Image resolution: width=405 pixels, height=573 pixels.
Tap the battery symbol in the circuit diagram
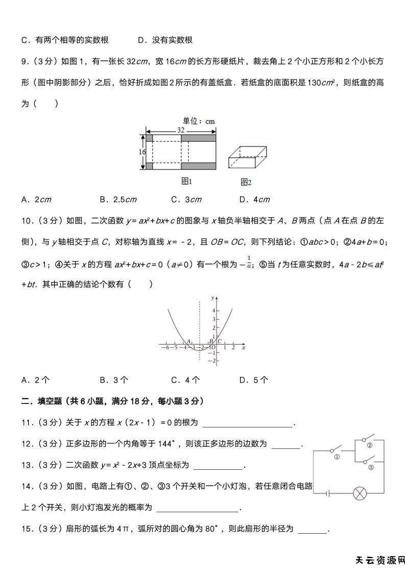pos(327,493)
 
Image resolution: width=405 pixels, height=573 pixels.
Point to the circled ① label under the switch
pos(337,457)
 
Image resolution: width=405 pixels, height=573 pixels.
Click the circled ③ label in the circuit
pos(371,467)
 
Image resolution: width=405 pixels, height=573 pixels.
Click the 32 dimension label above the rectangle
pos(181,130)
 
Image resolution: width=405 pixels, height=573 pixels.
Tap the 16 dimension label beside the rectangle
pos(142,152)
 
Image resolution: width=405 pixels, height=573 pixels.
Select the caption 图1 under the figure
pos(187,181)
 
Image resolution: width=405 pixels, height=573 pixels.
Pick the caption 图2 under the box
pos(246,182)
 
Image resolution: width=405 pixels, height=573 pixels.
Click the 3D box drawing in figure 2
pos(247,158)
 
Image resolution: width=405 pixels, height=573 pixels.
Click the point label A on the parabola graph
pos(188,341)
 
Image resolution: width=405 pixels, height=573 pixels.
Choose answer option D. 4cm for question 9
pos(254,200)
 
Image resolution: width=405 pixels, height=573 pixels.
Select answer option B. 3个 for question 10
pos(114,379)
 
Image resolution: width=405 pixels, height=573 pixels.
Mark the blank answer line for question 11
pos(248,423)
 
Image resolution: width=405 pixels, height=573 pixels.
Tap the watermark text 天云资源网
pos(379,560)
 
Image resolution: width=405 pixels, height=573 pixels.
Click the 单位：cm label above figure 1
pos(199,121)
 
